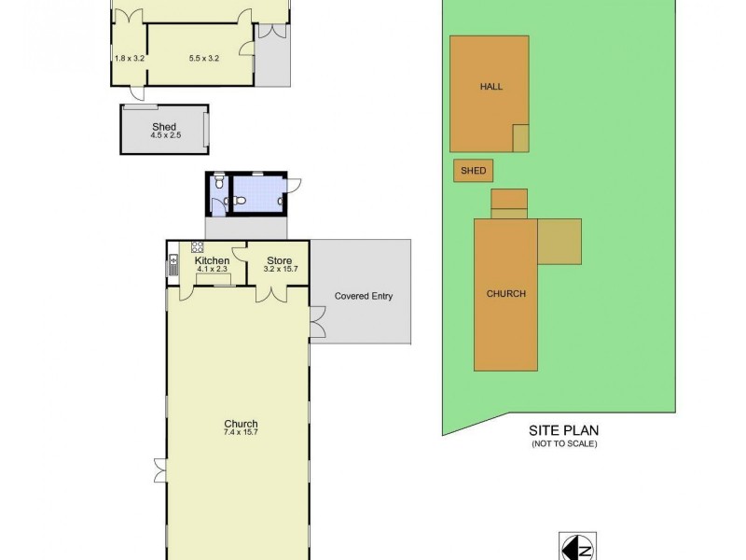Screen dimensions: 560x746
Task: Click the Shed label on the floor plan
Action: pyautogui.click(x=163, y=126)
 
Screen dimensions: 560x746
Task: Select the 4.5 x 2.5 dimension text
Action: pyautogui.click(x=163, y=136)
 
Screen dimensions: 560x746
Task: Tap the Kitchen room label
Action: pyautogui.click(x=212, y=260)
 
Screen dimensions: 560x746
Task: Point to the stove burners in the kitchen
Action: pyautogui.click(x=198, y=247)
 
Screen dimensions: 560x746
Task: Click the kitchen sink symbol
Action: pyautogui.click(x=173, y=267)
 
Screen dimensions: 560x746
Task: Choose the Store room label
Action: pyautogui.click(x=279, y=260)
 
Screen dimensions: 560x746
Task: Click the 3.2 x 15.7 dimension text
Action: pyautogui.click(x=279, y=270)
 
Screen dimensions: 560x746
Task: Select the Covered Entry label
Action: pyautogui.click(x=363, y=297)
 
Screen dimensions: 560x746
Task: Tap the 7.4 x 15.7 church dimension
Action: pyautogui.click(x=240, y=433)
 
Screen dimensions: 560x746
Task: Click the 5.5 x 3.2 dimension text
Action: pyautogui.click(x=203, y=59)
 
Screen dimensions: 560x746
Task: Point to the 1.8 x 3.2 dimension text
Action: pyautogui.click(x=130, y=59)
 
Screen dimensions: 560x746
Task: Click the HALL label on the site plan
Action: pyautogui.click(x=490, y=86)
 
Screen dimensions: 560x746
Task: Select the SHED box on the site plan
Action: pyautogui.click(x=474, y=172)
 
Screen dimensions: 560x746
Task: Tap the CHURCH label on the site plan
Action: pyautogui.click(x=505, y=293)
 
